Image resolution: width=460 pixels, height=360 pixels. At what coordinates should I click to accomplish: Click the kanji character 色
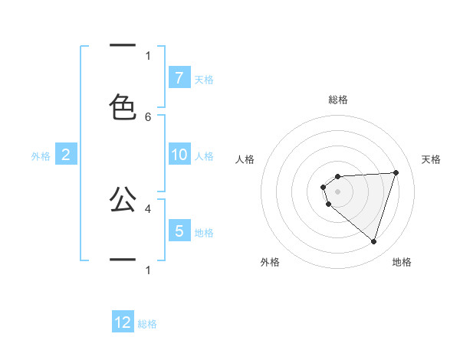coord(123,106)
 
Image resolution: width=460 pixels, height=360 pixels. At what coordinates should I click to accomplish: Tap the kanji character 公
coord(123,199)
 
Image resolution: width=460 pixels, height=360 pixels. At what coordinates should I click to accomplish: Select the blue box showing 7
coord(179,78)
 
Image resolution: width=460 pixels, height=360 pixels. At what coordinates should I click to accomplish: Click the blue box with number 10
coord(179,155)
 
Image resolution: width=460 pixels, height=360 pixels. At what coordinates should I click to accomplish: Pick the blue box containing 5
coord(179,231)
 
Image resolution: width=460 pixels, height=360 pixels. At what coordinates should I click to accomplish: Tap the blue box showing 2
coord(66,155)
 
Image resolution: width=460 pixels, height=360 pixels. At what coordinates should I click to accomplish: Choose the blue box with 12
coord(123,322)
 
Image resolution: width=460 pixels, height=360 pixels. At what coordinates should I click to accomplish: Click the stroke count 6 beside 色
coord(148,117)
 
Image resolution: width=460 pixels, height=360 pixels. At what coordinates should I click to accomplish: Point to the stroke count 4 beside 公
coord(148,208)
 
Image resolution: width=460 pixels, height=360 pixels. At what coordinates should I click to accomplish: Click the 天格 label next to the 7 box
coord(204,79)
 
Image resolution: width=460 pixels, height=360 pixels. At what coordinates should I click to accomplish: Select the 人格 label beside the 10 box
coord(204,155)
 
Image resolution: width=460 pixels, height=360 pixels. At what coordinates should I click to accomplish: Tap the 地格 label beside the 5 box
coord(204,232)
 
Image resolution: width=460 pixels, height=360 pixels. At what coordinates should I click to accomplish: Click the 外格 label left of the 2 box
coord(41,155)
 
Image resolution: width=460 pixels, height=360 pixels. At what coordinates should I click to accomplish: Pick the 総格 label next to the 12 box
coord(147,324)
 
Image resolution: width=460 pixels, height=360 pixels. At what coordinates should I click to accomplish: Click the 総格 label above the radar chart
coord(338,100)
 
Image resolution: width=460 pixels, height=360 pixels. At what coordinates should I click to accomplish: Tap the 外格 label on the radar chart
coord(270,262)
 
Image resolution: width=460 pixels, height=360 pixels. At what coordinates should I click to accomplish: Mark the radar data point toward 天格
coord(396,172)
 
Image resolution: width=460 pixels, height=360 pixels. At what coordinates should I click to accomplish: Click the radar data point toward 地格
coord(373,241)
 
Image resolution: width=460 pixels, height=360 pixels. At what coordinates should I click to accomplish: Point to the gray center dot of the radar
coord(338,191)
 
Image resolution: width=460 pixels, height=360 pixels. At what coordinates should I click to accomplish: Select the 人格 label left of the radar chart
coord(245,159)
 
